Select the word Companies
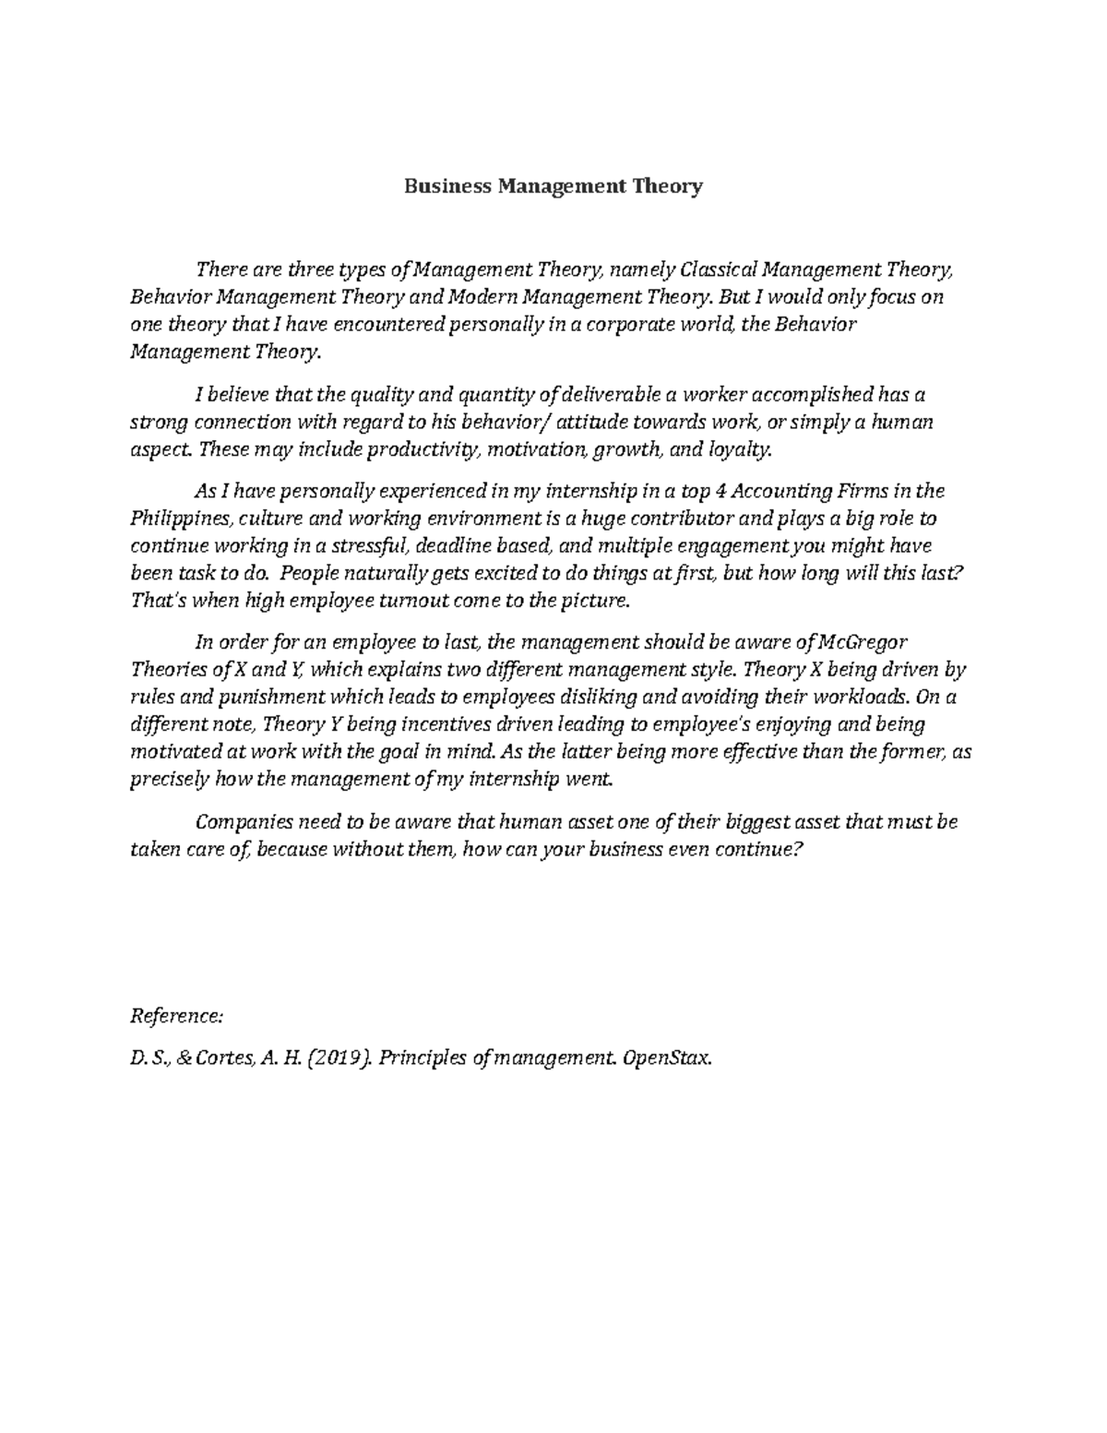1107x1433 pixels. pyautogui.click(x=244, y=820)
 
